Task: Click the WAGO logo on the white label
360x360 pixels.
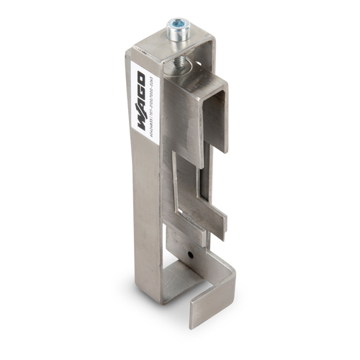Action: click(x=142, y=90)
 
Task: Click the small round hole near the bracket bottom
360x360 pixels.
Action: click(x=191, y=254)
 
